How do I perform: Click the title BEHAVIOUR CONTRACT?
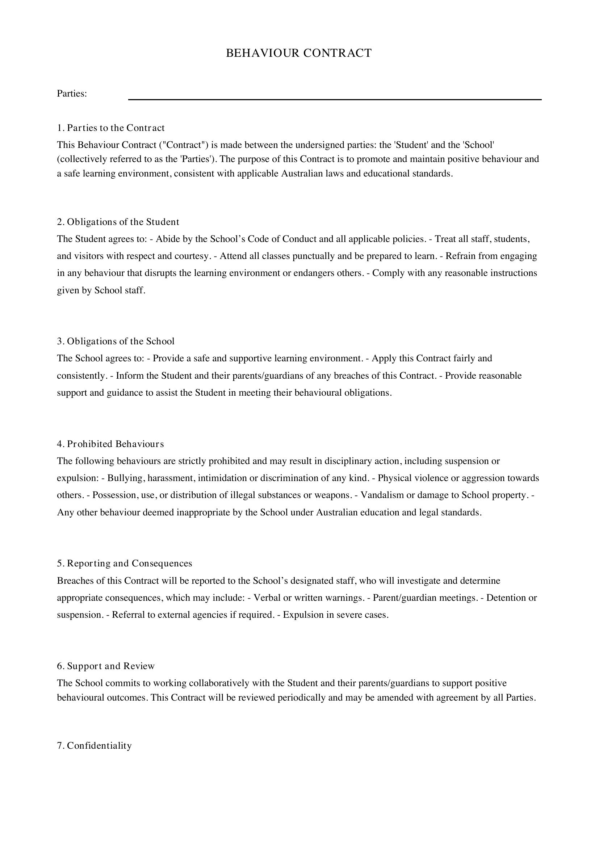coord(298,53)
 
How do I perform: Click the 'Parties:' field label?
coord(72,94)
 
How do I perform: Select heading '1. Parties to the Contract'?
coord(111,128)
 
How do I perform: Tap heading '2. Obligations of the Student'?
coord(118,222)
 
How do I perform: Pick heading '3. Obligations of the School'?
coord(116,341)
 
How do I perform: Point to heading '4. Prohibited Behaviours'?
coord(110,444)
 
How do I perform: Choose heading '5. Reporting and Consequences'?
coord(124,563)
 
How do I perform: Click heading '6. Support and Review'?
coord(106,666)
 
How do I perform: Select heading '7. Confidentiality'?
coord(95,746)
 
